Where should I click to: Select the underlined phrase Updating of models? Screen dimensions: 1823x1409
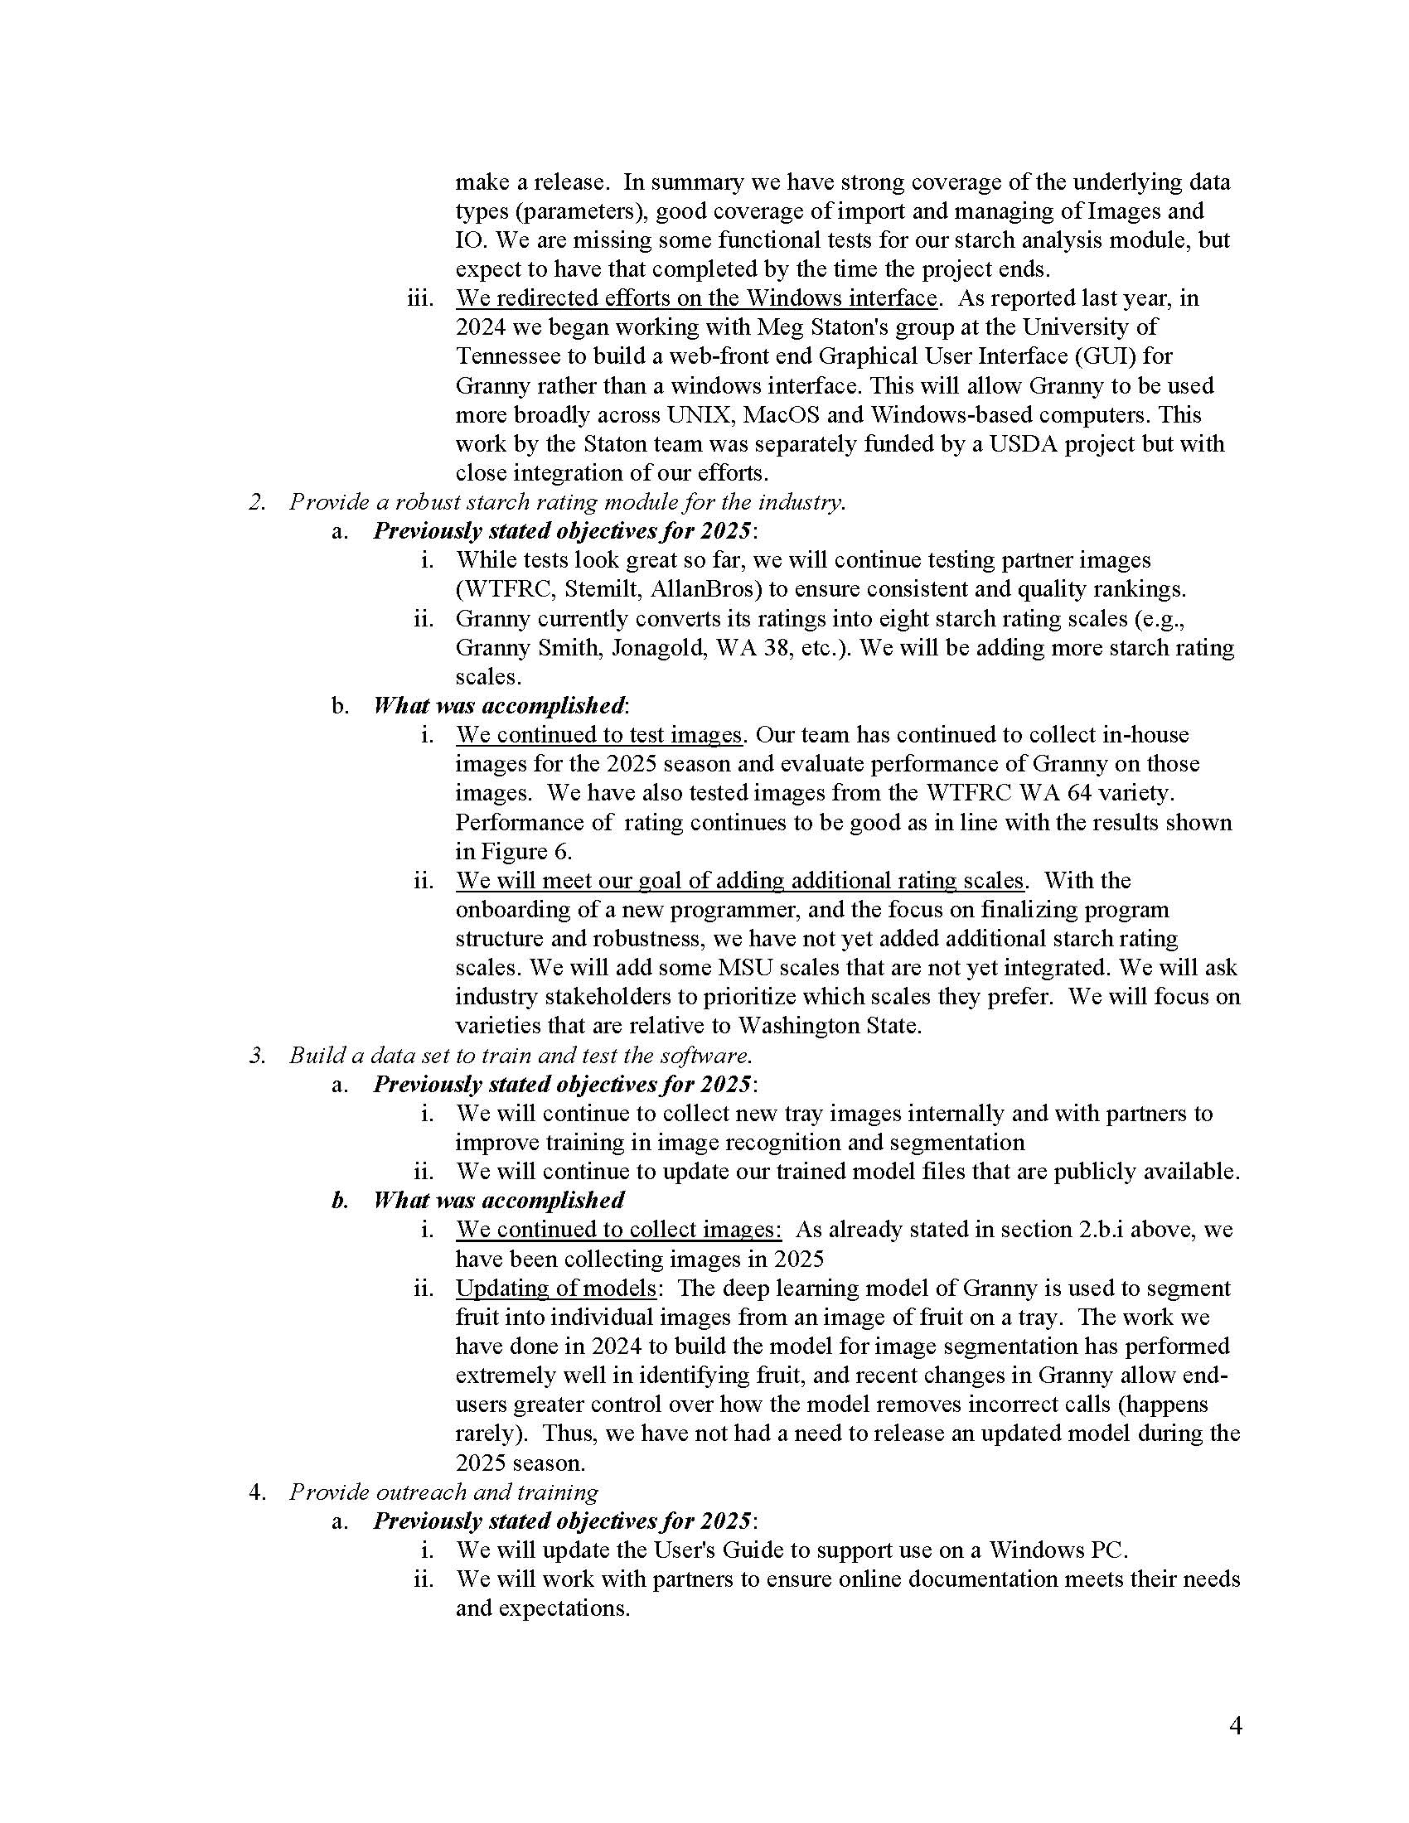[556, 1288]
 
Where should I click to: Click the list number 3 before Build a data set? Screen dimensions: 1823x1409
[257, 1055]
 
